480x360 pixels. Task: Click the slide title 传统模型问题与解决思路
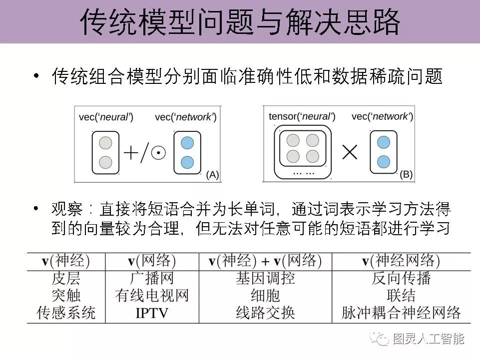tap(240, 22)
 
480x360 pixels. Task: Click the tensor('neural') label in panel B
tap(302, 117)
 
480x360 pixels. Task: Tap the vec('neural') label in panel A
tap(106, 117)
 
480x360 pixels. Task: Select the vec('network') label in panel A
tap(185, 117)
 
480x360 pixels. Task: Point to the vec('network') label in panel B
tap(382, 117)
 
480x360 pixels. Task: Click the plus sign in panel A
tap(131, 152)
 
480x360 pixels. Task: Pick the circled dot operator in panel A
tap(158, 153)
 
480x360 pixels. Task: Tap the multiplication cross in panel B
tap(350, 152)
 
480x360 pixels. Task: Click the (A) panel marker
tap(212, 175)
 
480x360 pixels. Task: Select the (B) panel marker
tap(406, 174)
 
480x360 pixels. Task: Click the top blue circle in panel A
tap(187, 143)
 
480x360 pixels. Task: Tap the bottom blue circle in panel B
tap(384, 162)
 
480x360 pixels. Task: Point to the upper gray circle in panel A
tap(105, 143)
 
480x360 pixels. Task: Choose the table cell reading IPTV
tap(152, 313)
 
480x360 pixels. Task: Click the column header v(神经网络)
tap(401, 261)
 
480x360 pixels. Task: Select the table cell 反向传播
tap(401, 278)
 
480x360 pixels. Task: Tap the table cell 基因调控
tap(265, 278)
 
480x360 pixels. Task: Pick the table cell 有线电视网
tap(152, 296)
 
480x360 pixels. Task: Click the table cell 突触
tap(66, 296)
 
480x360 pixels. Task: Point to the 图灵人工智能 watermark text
tap(428, 339)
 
